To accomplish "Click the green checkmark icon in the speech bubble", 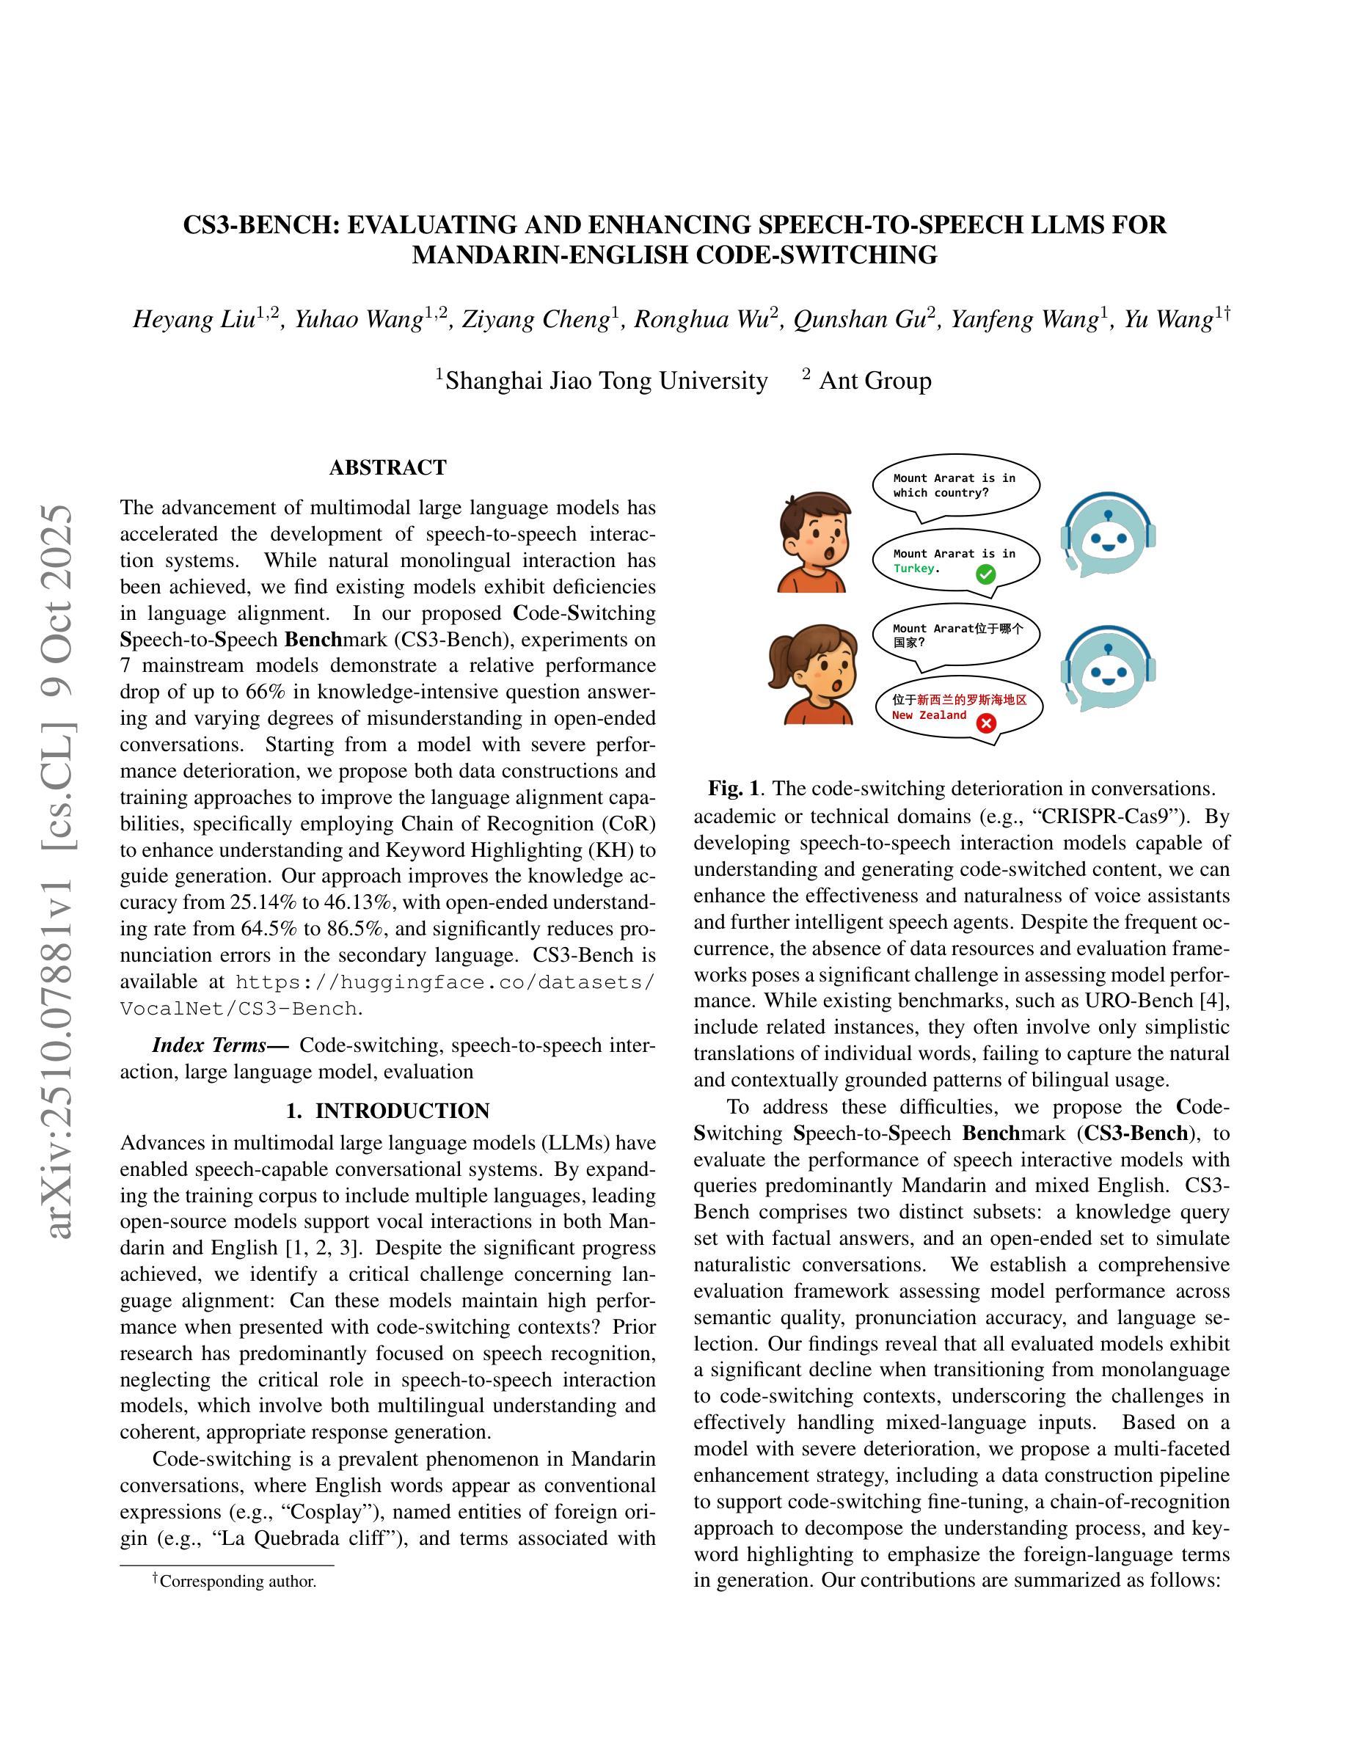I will pyautogui.click(x=985, y=574).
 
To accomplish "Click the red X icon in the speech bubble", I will pyautogui.click(x=987, y=723).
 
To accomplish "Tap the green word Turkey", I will pyautogui.click(x=913, y=569).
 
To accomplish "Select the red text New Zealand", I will pyautogui.click(x=929, y=715).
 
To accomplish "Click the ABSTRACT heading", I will pyautogui.click(x=388, y=468).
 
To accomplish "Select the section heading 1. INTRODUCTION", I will pyautogui.click(x=388, y=1110).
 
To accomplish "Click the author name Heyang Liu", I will pyautogui.click(x=194, y=320).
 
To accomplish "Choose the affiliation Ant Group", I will pyautogui.click(x=875, y=381).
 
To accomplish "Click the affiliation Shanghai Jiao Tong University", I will pyautogui.click(x=607, y=381).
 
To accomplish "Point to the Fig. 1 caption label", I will pyautogui.click(x=732, y=789).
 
